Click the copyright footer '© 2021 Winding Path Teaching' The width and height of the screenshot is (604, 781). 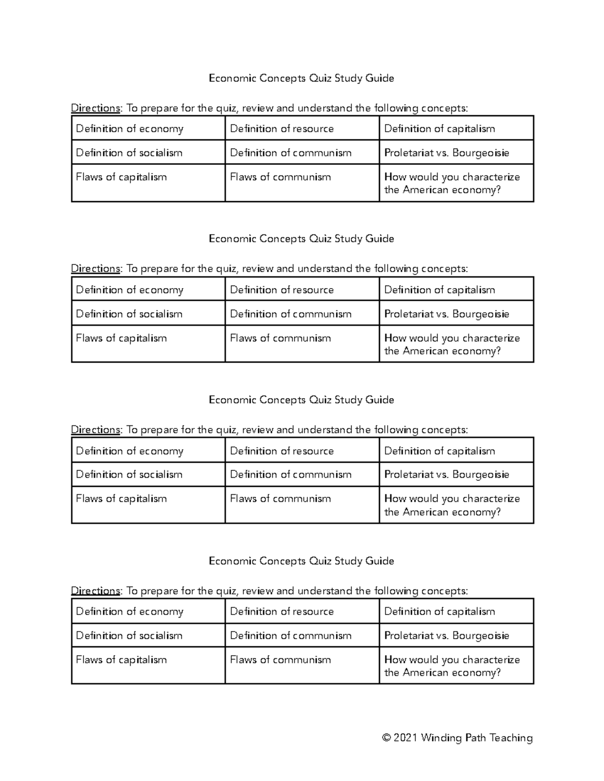[x=457, y=738]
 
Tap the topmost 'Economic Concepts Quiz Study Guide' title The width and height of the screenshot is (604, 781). [x=301, y=78]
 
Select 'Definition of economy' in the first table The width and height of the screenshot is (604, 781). [x=129, y=129]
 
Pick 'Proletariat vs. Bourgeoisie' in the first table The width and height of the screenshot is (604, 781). [x=446, y=153]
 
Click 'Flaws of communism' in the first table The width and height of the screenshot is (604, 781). [x=280, y=177]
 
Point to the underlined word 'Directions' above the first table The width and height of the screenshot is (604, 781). [x=96, y=108]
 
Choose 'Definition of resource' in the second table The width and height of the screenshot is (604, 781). [x=281, y=290]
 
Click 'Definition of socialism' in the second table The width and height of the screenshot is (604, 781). [x=129, y=314]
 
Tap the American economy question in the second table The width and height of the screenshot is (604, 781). [x=451, y=344]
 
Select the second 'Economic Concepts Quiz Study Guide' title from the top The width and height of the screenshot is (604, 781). [x=301, y=238]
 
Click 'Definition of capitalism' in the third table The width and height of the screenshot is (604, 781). [x=439, y=451]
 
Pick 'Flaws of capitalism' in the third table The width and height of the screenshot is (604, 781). [x=121, y=498]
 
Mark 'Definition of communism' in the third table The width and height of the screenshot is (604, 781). [x=290, y=474]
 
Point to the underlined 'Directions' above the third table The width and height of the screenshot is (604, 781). [x=96, y=430]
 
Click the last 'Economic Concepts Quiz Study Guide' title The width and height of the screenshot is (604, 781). [x=301, y=561]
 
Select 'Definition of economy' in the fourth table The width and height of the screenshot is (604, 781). [x=129, y=612]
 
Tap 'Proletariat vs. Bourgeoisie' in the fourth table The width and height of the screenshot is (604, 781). [x=446, y=636]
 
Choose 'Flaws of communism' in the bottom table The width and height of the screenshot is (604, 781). [x=280, y=660]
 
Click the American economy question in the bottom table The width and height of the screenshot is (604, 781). [x=451, y=666]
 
